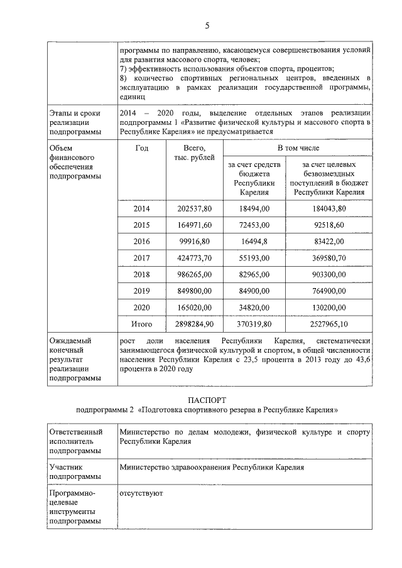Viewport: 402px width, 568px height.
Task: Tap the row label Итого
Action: pos(141,324)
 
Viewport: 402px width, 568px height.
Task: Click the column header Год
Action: pos(141,148)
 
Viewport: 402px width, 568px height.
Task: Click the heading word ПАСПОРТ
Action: pos(207,400)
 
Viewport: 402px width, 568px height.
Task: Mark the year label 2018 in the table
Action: pos(141,274)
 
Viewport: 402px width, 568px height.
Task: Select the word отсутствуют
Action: pos(141,493)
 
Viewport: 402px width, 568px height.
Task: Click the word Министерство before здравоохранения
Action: pos(147,468)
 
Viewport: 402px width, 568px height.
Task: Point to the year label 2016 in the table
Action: pos(141,241)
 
